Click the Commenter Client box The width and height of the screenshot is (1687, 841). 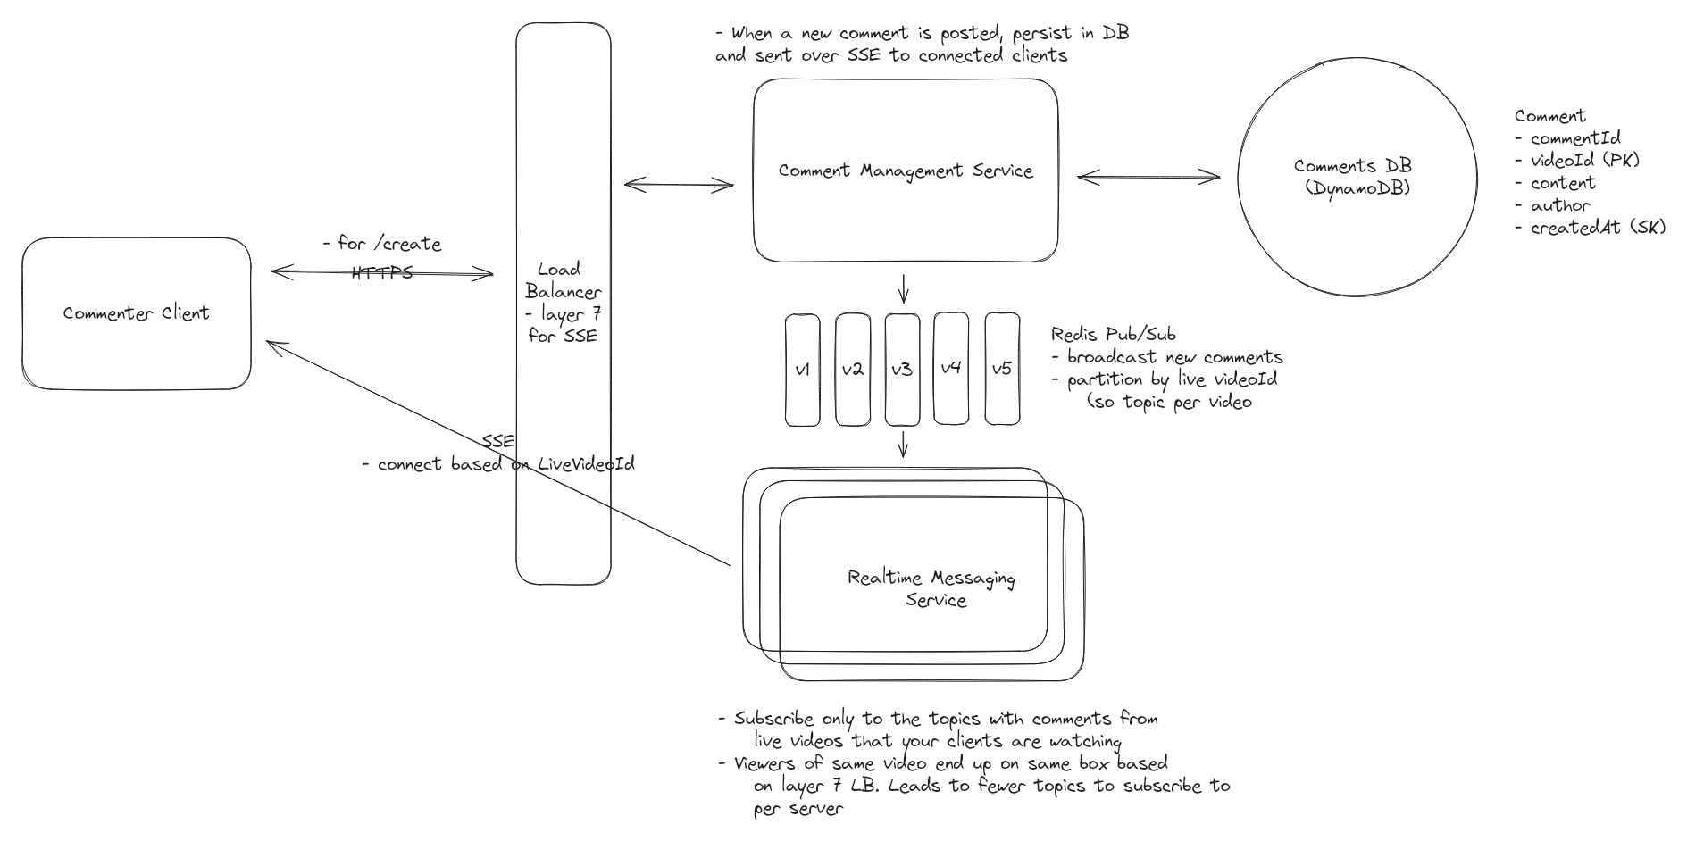[x=136, y=313]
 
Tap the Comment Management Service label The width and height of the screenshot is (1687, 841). [x=905, y=171]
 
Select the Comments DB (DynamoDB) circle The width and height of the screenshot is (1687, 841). [x=1356, y=177]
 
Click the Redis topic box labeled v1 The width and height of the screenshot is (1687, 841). [x=802, y=369]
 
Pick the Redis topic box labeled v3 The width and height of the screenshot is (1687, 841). [x=902, y=369]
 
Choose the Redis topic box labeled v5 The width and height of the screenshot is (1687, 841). [x=1002, y=369]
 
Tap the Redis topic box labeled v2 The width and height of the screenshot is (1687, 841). [x=852, y=369]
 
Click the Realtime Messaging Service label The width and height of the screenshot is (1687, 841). [x=932, y=588]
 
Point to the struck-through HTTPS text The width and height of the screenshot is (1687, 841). [x=381, y=272]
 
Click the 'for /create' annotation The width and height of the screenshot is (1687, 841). [x=382, y=244]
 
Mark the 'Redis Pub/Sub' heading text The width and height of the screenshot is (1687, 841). [x=1113, y=335]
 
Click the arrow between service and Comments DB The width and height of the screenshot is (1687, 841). [x=1148, y=178]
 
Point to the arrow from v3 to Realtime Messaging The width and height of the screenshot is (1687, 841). [x=903, y=444]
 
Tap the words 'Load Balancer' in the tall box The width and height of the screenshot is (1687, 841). [x=563, y=280]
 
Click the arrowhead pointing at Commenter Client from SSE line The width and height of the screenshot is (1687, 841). [x=271, y=344]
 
